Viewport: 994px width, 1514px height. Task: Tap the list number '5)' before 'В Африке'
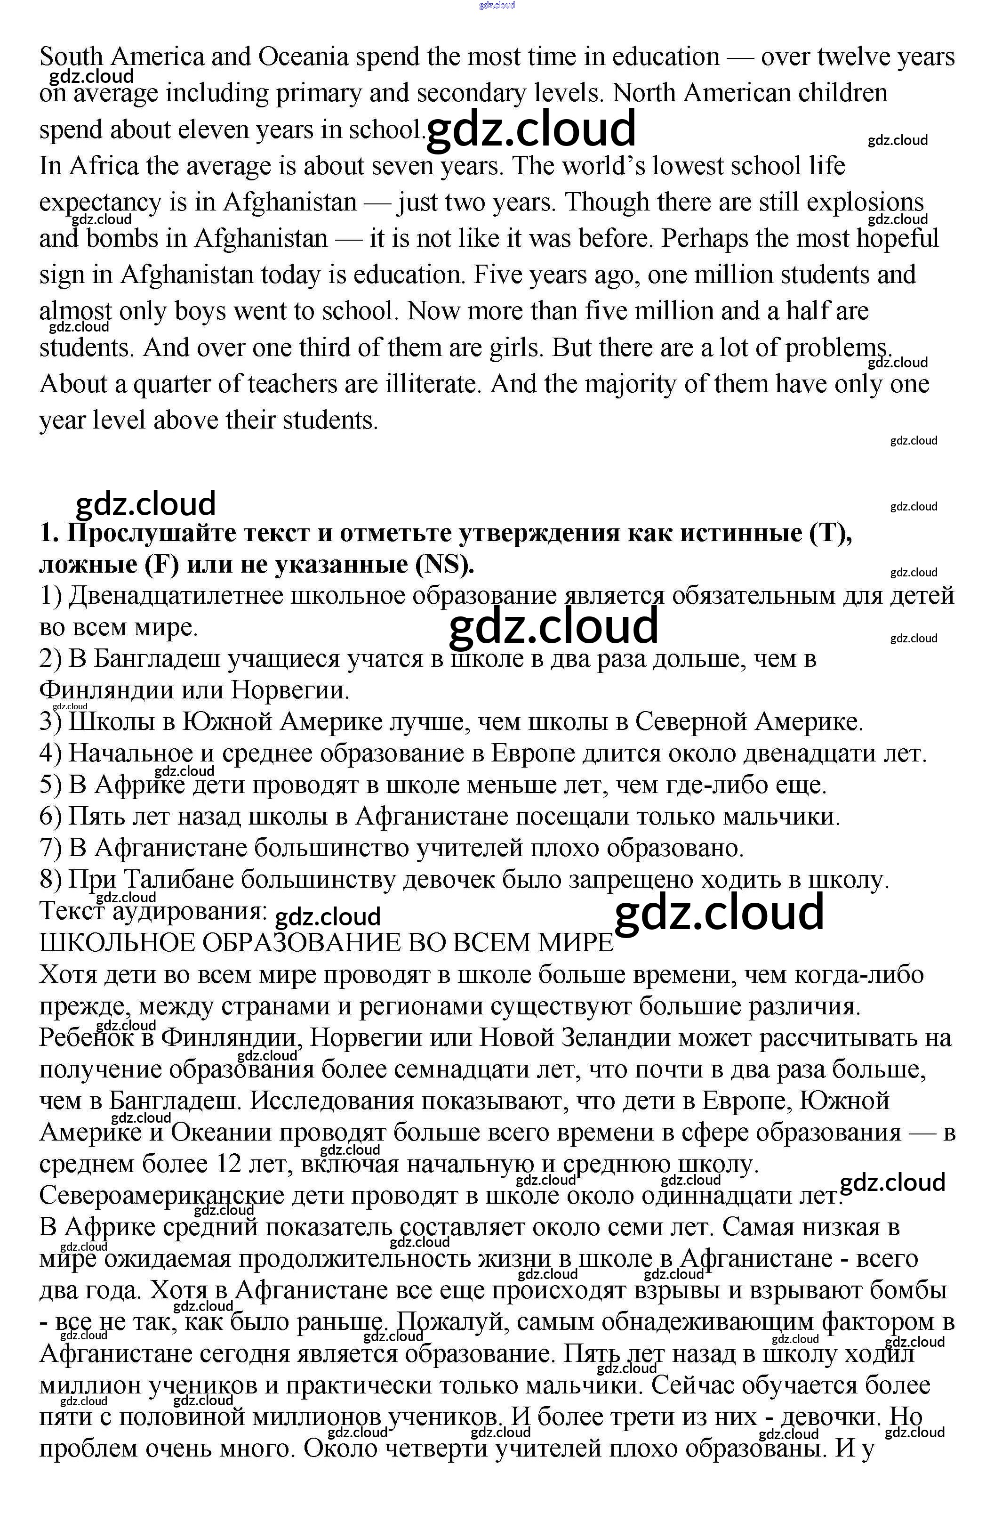(x=50, y=785)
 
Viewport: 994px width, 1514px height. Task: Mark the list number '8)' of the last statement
(x=50, y=880)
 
